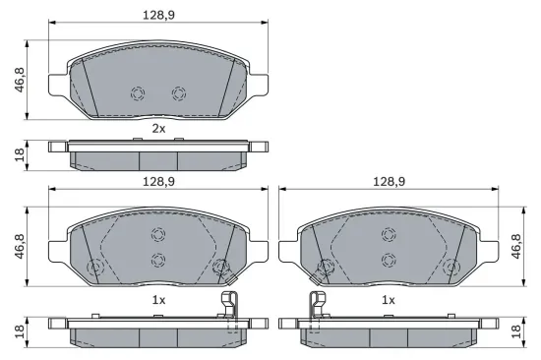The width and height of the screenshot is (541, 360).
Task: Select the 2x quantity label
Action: pos(157,128)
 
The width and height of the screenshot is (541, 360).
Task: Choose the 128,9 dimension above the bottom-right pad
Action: pos(389,182)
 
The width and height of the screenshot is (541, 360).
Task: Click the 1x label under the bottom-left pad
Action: pos(157,299)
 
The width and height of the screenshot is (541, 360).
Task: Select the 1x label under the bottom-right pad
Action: pos(389,299)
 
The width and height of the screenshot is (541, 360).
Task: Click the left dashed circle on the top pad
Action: pos(138,93)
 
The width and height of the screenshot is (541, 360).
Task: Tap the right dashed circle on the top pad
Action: pos(178,93)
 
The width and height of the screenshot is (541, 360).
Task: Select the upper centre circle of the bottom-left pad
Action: pos(157,234)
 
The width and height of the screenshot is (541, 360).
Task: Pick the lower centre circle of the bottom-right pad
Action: pos(389,259)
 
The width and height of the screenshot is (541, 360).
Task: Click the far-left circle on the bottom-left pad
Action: pos(95,268)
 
